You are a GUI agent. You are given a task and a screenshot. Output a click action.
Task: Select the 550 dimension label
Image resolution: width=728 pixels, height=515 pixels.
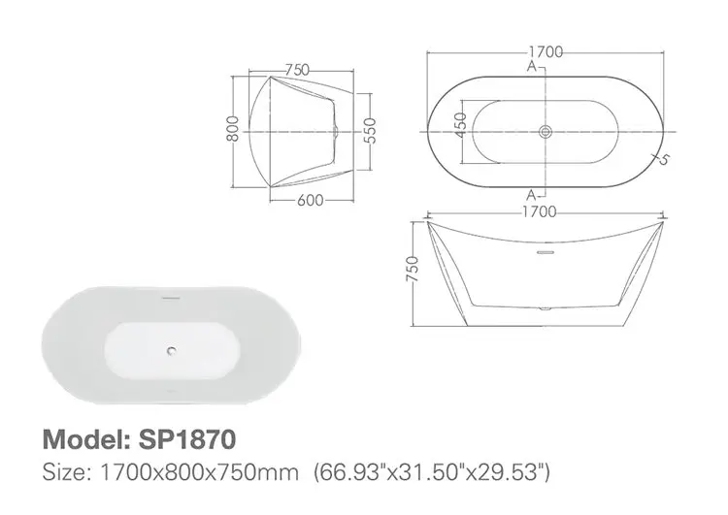click(370, 130)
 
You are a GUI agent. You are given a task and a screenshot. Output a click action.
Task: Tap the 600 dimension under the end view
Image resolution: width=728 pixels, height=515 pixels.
click(310, 201)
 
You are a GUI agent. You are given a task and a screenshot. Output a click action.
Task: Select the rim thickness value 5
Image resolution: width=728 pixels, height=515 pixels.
click(665, 160)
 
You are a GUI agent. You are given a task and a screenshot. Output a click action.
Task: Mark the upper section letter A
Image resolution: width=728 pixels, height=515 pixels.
click(532, 66)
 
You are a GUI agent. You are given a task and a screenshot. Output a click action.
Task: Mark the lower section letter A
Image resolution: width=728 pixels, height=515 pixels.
click(532, 191)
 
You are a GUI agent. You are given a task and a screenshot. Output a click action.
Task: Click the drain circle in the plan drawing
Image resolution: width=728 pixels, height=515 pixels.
click(545, 129)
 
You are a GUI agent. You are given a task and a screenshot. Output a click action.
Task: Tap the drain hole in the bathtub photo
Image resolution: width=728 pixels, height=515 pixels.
click(172, 352)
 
